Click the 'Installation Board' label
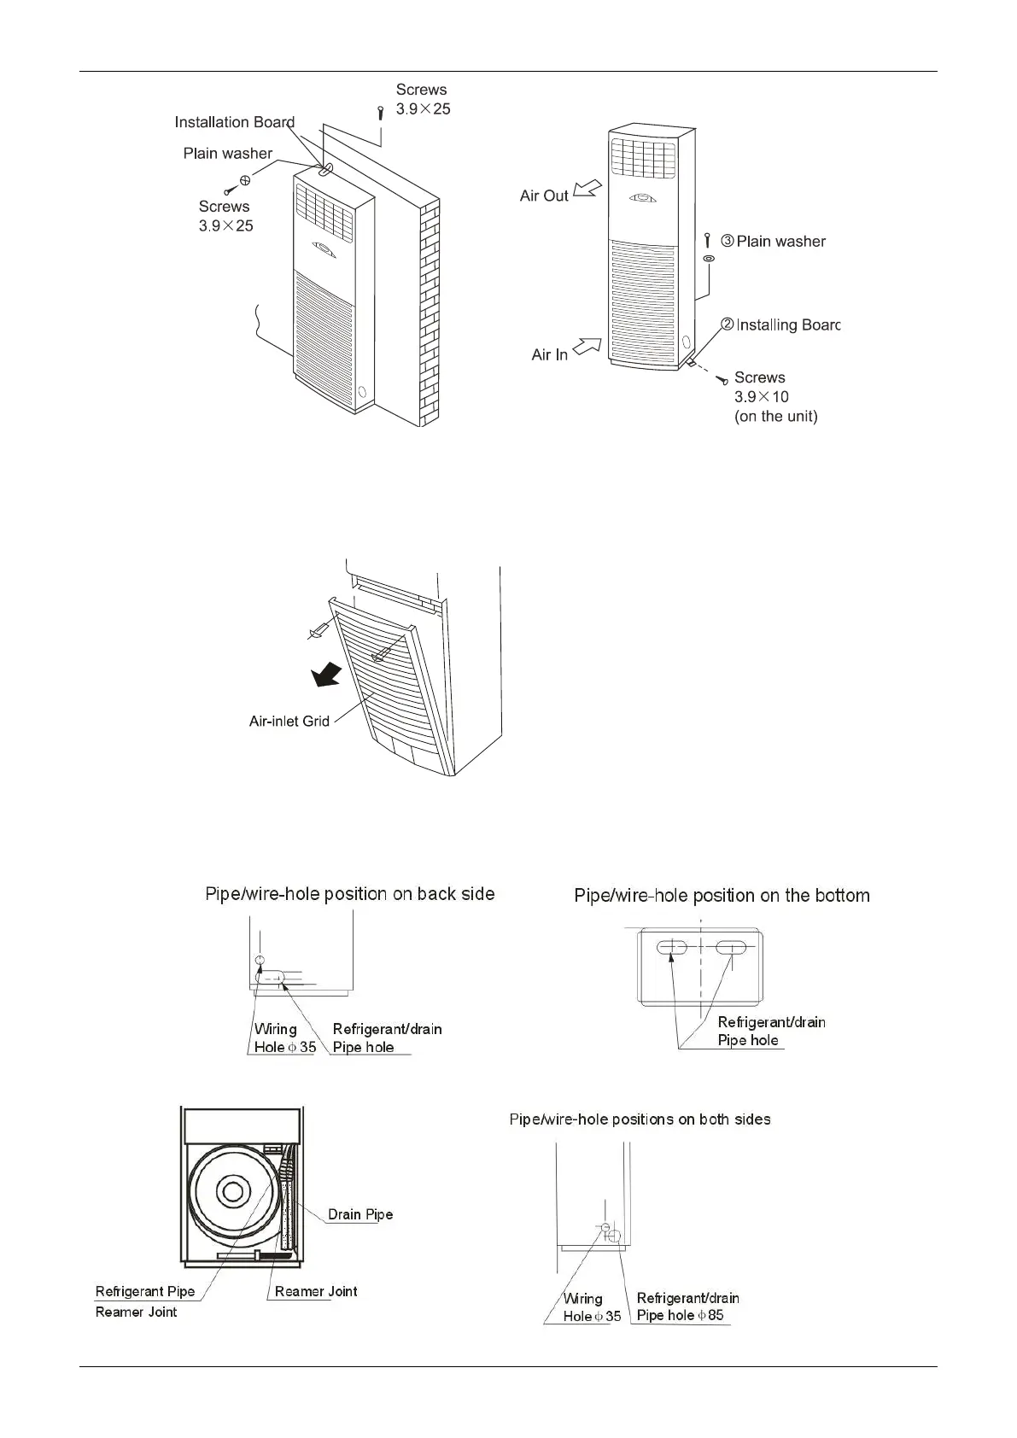point(234,122)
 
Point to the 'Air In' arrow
point(587,347)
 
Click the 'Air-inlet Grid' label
point(289,721)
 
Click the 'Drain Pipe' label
point(360,1213)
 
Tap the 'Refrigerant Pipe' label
point(145,1291)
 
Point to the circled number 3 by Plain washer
point(728,242)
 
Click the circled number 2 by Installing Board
point(728,324)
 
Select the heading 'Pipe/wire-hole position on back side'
point(350,894)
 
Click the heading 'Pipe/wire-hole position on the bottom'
point(722,896)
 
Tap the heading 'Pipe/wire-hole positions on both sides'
point(640,1119)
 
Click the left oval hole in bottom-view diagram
point(672,946)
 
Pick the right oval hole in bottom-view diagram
point(732,946)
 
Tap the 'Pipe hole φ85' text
point(680,1315)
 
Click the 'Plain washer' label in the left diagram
point(227,154)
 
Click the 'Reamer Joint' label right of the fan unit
point(316,1291)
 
